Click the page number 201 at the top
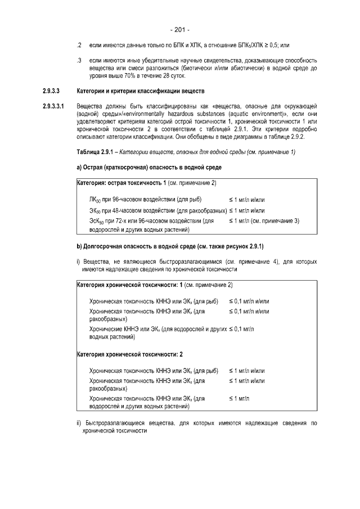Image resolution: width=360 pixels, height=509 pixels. tap(179, 29)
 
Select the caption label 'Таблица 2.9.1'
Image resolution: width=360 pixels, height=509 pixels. tap(96, 152)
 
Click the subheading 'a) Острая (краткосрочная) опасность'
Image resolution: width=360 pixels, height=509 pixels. tap(149, 168)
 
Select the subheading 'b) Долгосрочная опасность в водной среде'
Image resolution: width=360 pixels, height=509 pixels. tap(169, 246)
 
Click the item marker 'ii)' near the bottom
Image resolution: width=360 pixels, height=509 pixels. tap(79, 422)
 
